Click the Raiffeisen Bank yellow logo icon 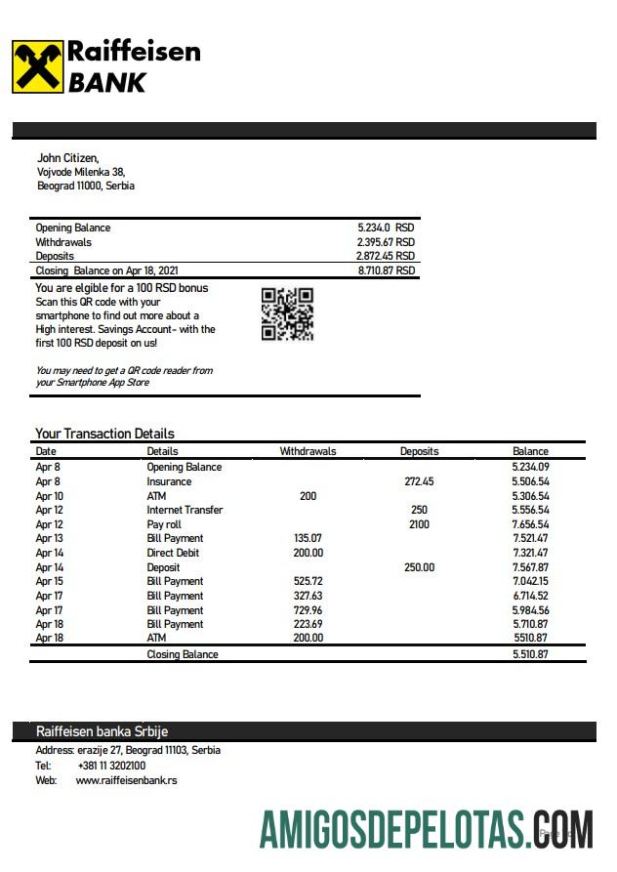(38, 66)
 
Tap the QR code (287, 314)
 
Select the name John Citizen (67, 157)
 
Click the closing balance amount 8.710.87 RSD (387, 270)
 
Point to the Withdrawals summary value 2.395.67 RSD (386, 242)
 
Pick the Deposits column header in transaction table (419, 451)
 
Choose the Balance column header (530, 451)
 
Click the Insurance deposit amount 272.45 (419, 481)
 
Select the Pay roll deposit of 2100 (419, 524)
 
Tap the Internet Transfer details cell (185, 510)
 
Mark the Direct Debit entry (174, 553)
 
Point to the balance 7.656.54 (530, 524)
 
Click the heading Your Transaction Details (104, 434)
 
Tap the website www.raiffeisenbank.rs (126, 780)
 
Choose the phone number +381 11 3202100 (111, 766)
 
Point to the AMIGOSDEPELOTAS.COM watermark (426, 829)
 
